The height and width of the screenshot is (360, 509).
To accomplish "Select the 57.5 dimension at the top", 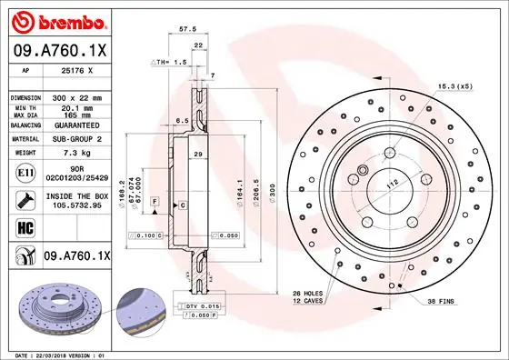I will click(189, 28).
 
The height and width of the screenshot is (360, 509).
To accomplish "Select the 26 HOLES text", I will click(309, 293).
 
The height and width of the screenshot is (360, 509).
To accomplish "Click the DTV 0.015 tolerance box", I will click(204, 308).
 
